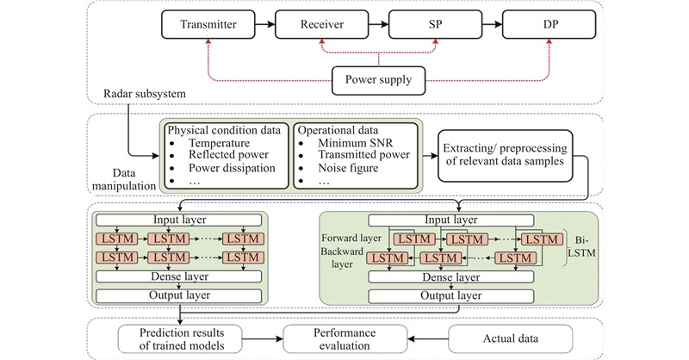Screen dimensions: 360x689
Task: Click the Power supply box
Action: [376, 83]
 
